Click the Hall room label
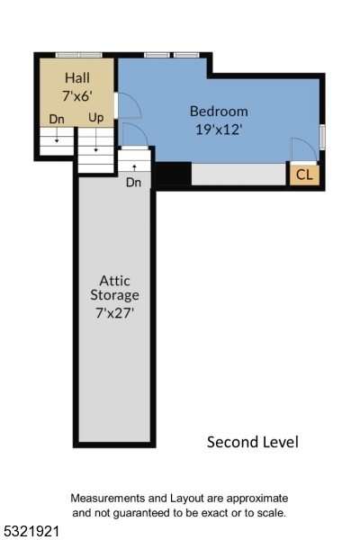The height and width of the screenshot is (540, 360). (x=76, y=78)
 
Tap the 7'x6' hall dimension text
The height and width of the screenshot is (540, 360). (x=76, y=95)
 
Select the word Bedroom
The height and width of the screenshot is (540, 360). (x=218, y=111)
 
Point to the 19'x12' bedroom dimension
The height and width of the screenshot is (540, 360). (x=218, y=128)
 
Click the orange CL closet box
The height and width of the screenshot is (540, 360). (x=304, y=175)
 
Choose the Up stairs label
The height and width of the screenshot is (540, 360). (x=95, y=118)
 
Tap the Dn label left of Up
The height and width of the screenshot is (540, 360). (x=57, y=118)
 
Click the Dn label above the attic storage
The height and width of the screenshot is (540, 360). (x=133, y=182)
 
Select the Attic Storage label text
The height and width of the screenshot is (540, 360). (x=114, y=287)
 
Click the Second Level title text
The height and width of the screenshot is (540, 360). (x=252, y=441)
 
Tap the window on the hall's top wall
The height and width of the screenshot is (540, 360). (x=78, y=55)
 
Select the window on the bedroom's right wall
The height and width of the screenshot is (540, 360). (x=322, y=137)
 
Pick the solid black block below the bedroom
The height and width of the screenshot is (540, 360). (x=173, y=173)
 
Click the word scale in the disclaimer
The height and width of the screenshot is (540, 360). (x=270, y=512)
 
